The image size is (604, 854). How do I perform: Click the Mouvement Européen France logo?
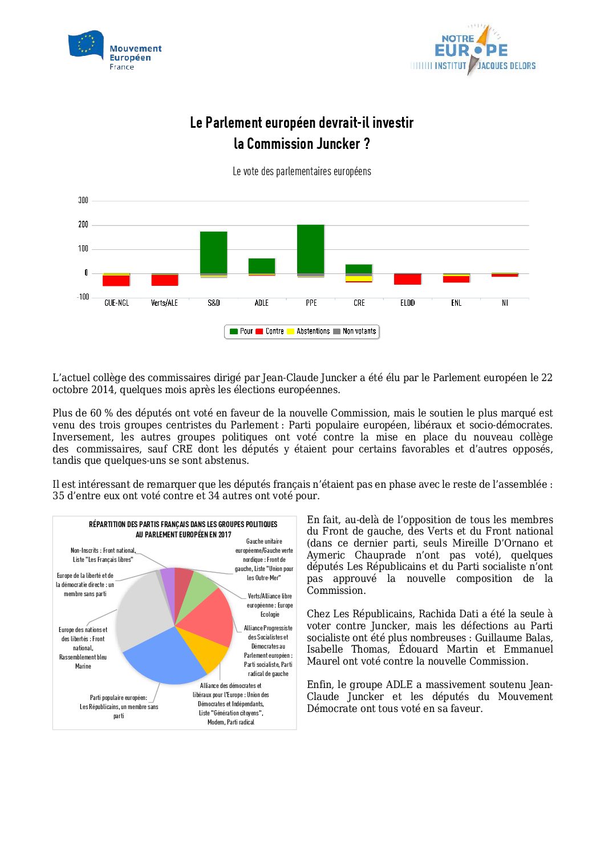point(115,51)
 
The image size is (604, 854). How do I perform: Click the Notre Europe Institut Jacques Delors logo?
point(473,51)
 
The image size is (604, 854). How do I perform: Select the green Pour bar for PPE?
point(311,249)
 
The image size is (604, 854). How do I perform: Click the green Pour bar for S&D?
point(214,252)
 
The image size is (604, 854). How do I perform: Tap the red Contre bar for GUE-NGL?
point(116,281)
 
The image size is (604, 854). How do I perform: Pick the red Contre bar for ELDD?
point(408,280)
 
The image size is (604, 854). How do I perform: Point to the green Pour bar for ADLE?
point(262,266)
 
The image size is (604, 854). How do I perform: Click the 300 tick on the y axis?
point(83,200)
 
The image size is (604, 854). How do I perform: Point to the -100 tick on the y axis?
point(83,297)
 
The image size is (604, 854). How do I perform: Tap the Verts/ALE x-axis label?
point(164,303)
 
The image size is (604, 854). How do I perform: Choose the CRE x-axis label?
point(359,303)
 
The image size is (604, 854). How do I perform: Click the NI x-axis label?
point(505,303)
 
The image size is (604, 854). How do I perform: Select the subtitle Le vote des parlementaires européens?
point(302,171)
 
